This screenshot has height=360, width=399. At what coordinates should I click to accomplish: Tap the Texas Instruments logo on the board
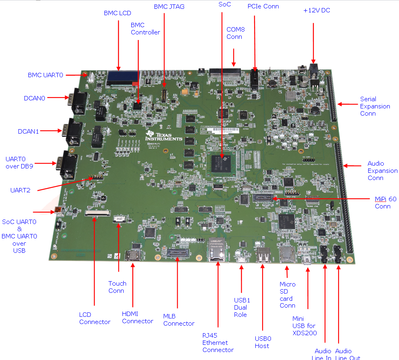164,136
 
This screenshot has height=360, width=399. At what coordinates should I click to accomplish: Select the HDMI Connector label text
137,318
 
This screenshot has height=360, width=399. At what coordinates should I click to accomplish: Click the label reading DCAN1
28,131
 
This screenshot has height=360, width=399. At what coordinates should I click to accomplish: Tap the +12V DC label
317,10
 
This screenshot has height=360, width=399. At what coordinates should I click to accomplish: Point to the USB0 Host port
262,255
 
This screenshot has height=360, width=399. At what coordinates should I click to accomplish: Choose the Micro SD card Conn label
287,295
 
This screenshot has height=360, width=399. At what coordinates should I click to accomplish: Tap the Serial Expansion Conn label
375,106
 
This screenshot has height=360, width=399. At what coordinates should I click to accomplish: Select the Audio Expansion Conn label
382,171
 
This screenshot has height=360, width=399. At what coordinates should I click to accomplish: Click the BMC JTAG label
169,7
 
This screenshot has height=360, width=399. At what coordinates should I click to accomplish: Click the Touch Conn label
117,287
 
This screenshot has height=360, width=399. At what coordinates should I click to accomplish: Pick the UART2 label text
20,190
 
